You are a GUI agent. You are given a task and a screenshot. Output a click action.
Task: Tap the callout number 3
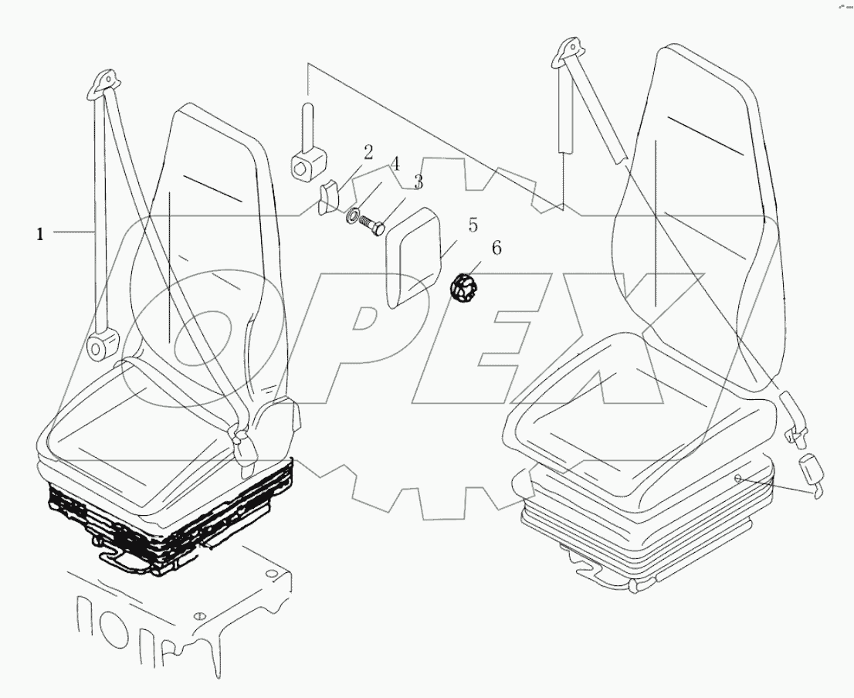click(419, 182)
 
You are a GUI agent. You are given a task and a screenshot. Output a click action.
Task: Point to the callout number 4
click(395, 164)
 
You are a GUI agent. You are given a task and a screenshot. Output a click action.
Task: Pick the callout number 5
click(473, 225)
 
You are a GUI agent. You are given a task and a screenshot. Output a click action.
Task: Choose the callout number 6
click(496, 249)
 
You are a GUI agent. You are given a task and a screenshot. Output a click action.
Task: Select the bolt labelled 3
click(374, 226)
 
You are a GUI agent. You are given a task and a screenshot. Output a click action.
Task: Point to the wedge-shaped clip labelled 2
click(330, 196)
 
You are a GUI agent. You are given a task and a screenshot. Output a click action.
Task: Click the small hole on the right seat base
click(737, 479)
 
